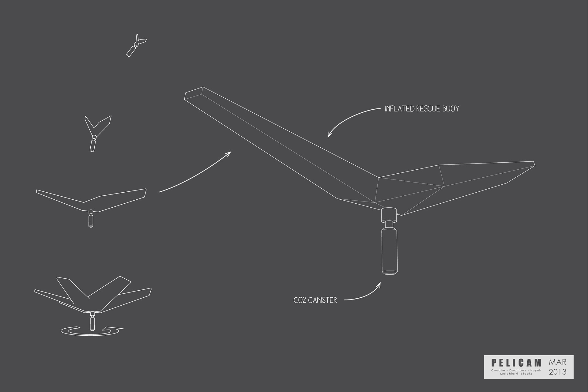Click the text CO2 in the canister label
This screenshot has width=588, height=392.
(299, 300)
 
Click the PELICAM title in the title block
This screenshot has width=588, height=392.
(516, 363)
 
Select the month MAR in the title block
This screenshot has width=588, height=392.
(558, 362)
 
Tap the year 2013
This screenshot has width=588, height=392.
(558, 372)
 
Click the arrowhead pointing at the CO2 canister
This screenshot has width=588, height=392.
(379, 285)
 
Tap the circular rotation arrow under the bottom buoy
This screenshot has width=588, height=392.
(92, 331)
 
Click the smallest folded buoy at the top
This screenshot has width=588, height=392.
(136, 45)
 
